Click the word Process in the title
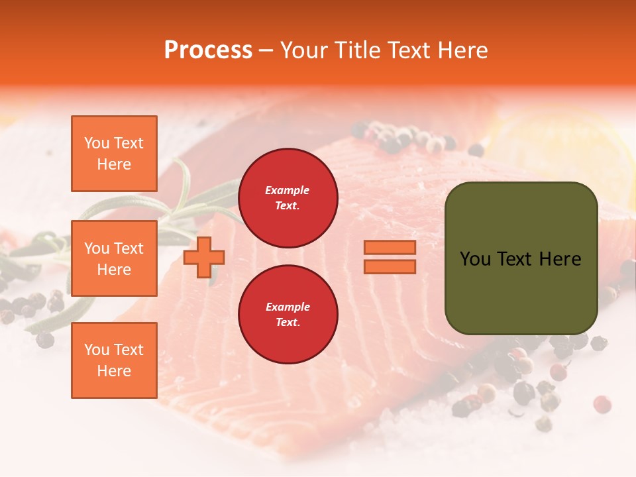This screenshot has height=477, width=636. tap(208, 50)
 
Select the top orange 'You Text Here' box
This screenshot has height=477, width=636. tap(114, 154)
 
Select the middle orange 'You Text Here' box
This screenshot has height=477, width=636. tap(114, 258)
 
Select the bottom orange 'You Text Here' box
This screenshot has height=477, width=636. tap(114, 360)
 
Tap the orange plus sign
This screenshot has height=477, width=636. tap(204, 257)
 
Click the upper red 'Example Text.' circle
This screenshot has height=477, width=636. tap(288, 198)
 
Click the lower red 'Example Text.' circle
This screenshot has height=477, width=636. tap(288, 315)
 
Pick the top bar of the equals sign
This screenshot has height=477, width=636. tap(390, 248)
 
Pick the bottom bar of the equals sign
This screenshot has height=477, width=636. tap(390, 266)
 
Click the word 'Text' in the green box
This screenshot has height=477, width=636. tap(514, 259)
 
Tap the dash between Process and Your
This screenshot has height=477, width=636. tap(266, 51)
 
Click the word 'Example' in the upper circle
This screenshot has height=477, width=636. tap(288, 190)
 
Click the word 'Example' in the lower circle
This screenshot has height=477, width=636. tap(288, 307)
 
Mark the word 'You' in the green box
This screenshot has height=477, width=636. tap(475, 259)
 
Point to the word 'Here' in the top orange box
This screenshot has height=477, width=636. tap(114, 164)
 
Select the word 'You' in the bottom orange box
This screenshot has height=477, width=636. tap(97, 350)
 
